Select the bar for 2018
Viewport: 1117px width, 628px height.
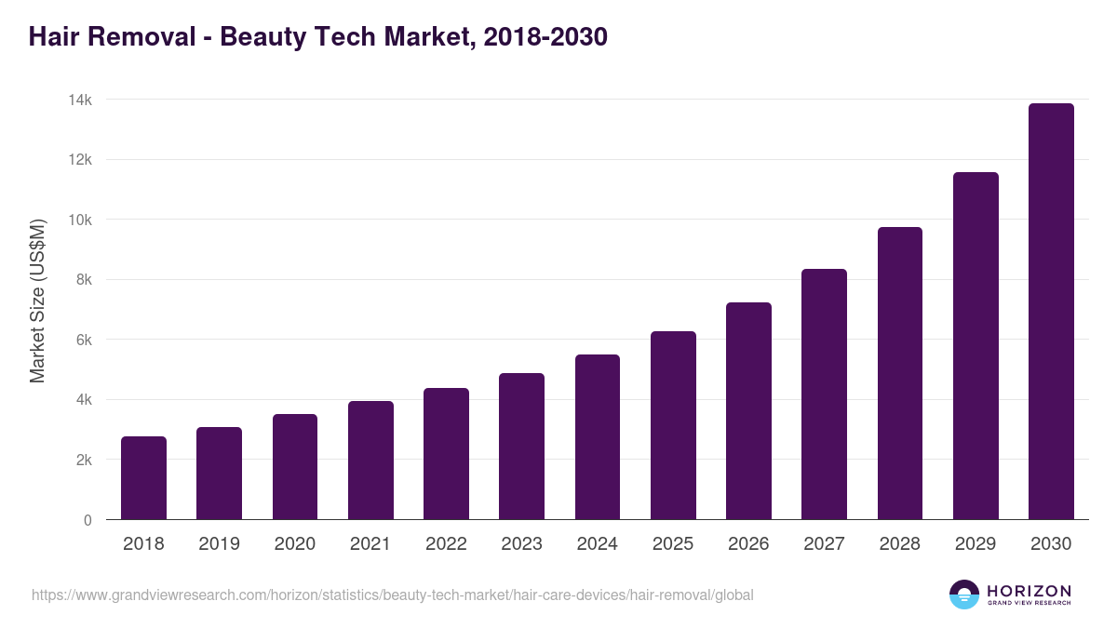coord(143,478)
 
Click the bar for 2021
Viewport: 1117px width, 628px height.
coord(370,461)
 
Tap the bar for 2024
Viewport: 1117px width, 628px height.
coord(598,437)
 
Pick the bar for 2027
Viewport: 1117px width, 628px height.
coord(824,394)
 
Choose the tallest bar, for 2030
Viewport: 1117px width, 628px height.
coord(1051,312)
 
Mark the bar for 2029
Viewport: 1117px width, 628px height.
coord(976,346)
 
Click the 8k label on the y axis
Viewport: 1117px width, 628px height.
coord(83,280)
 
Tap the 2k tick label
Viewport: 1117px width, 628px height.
coord(83,460)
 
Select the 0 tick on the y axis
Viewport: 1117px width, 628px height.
coord(87,520)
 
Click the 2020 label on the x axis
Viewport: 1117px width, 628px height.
coord(294,544)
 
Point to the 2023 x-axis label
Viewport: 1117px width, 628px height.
coord(521,544)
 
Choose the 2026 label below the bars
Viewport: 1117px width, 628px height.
coord(748,544)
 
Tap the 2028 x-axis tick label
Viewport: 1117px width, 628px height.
coord(899,544)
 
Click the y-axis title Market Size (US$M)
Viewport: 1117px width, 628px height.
coord(37,301)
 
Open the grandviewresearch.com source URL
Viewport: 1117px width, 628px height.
coord(392,595)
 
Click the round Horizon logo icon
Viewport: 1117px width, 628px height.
coord(964,595)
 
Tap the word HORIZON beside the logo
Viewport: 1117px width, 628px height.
coord(1029,591)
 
